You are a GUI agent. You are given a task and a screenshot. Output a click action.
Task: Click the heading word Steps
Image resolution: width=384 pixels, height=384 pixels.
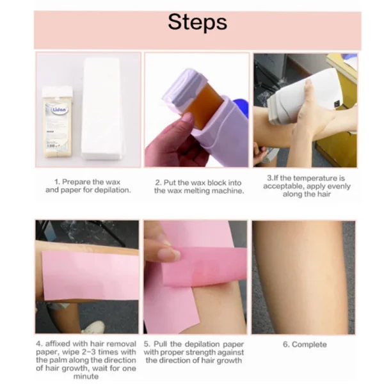click(197, 22)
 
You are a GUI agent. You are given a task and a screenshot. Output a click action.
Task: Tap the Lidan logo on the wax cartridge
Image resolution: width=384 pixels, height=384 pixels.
click(59, 109)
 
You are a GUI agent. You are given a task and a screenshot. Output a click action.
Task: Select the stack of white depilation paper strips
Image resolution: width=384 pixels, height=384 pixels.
click(102, 109)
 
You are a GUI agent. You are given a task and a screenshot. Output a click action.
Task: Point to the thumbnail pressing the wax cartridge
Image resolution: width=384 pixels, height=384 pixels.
click(188, 118)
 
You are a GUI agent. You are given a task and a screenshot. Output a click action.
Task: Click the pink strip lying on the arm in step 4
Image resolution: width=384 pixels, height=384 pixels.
click(91, 275)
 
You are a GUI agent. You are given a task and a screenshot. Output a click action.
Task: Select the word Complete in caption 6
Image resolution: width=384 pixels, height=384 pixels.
click(309, 344)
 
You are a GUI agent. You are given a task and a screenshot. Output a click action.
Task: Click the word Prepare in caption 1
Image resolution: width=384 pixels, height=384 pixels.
click(76, 182)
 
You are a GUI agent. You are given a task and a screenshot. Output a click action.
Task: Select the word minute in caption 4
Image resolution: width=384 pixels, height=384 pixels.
click(86, 376)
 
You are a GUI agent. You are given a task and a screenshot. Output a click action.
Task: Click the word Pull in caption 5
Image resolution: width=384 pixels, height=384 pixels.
click(160, 344)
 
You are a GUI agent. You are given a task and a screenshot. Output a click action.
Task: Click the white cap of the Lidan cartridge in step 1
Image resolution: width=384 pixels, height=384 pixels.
click(58, 92)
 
